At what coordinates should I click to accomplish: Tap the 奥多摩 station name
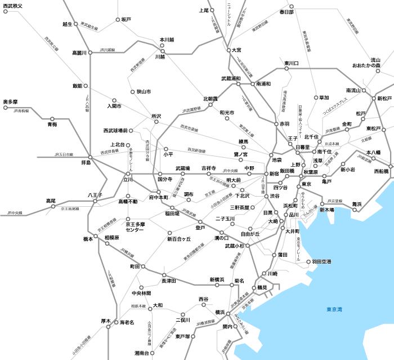[11, 101]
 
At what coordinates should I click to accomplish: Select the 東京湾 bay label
[337, 309]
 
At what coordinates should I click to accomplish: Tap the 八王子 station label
[94, 195]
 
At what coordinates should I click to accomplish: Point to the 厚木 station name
[106, 321]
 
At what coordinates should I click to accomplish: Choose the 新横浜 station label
[217, 279]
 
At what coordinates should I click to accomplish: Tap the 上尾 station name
[204, 10]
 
